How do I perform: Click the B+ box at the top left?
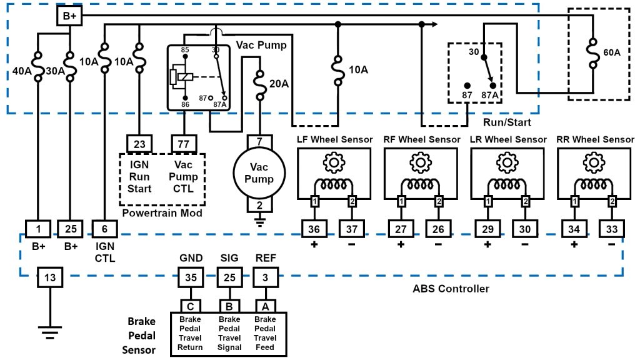pos(69,16)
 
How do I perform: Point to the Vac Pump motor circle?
pos(259,173)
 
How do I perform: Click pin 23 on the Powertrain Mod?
pos(139,144)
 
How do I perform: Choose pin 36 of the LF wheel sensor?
pos(314,229)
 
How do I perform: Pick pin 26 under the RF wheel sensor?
pos(439,229)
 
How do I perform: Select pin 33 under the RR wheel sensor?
pos(611,229)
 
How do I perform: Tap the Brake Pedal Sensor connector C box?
pos(190,306)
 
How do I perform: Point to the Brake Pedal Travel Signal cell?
pos(229,333)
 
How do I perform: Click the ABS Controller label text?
pos(451,289)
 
